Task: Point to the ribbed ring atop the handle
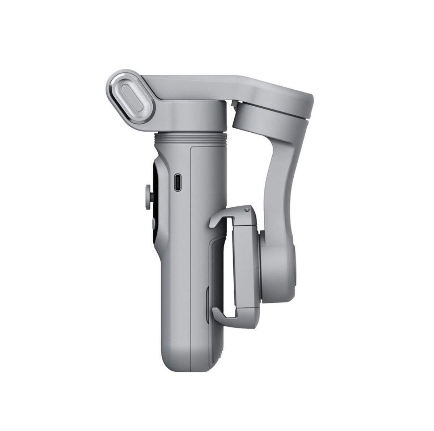pos(191,138)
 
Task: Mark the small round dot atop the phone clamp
pos(247,209)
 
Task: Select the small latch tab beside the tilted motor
pos(233,105)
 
